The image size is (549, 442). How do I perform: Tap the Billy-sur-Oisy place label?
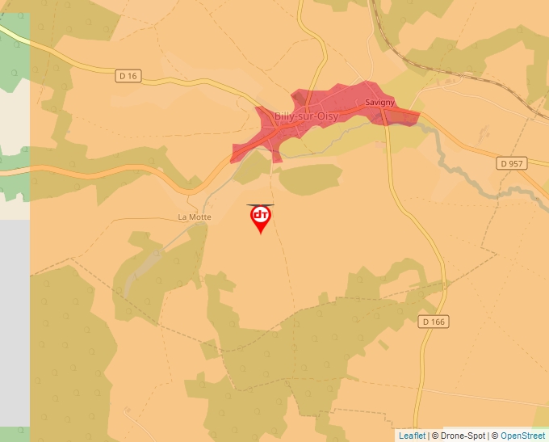(x=306, y=116)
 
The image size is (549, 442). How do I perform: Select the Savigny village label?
(x=379, y=103)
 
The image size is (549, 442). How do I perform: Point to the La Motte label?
(x=195, y=217)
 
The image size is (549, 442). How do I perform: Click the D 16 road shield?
(x=128, y=76)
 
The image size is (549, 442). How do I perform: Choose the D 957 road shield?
(x=512, y=163)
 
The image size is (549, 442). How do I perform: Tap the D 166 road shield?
(x=434, y=322)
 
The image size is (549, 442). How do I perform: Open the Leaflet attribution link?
(x=412, y=436)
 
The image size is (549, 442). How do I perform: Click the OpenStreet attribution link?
(x=522, y=436)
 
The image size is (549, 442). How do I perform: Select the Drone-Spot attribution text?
(x=461, y=436)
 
